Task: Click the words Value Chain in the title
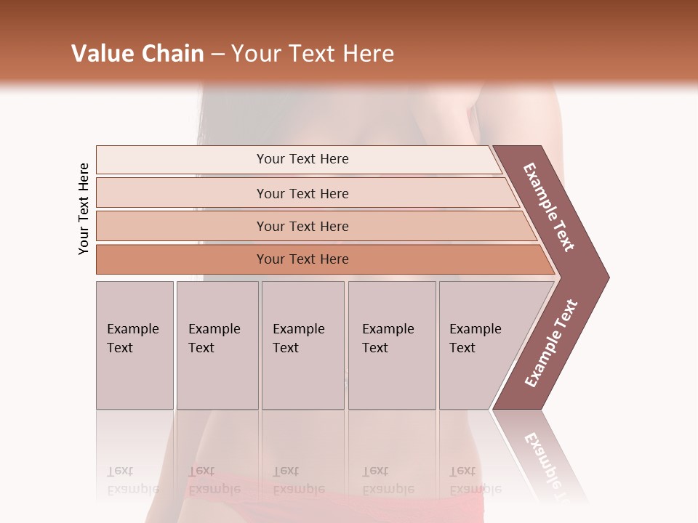click(137, 54)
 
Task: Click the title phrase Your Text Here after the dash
click(313, 54)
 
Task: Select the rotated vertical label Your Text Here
click(84, 209)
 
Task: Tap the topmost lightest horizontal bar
click(182, 159)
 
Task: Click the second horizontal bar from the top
click(182, 193)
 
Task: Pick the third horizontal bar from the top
click(182, 226)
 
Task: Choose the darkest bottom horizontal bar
click(182, 259)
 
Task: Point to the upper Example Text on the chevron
click(550, 207)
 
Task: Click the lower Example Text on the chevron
click(551, 344)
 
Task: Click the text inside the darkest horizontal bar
click(302, 259)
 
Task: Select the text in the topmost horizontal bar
click(302, 159)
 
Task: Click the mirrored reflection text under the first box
click(133, 481)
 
